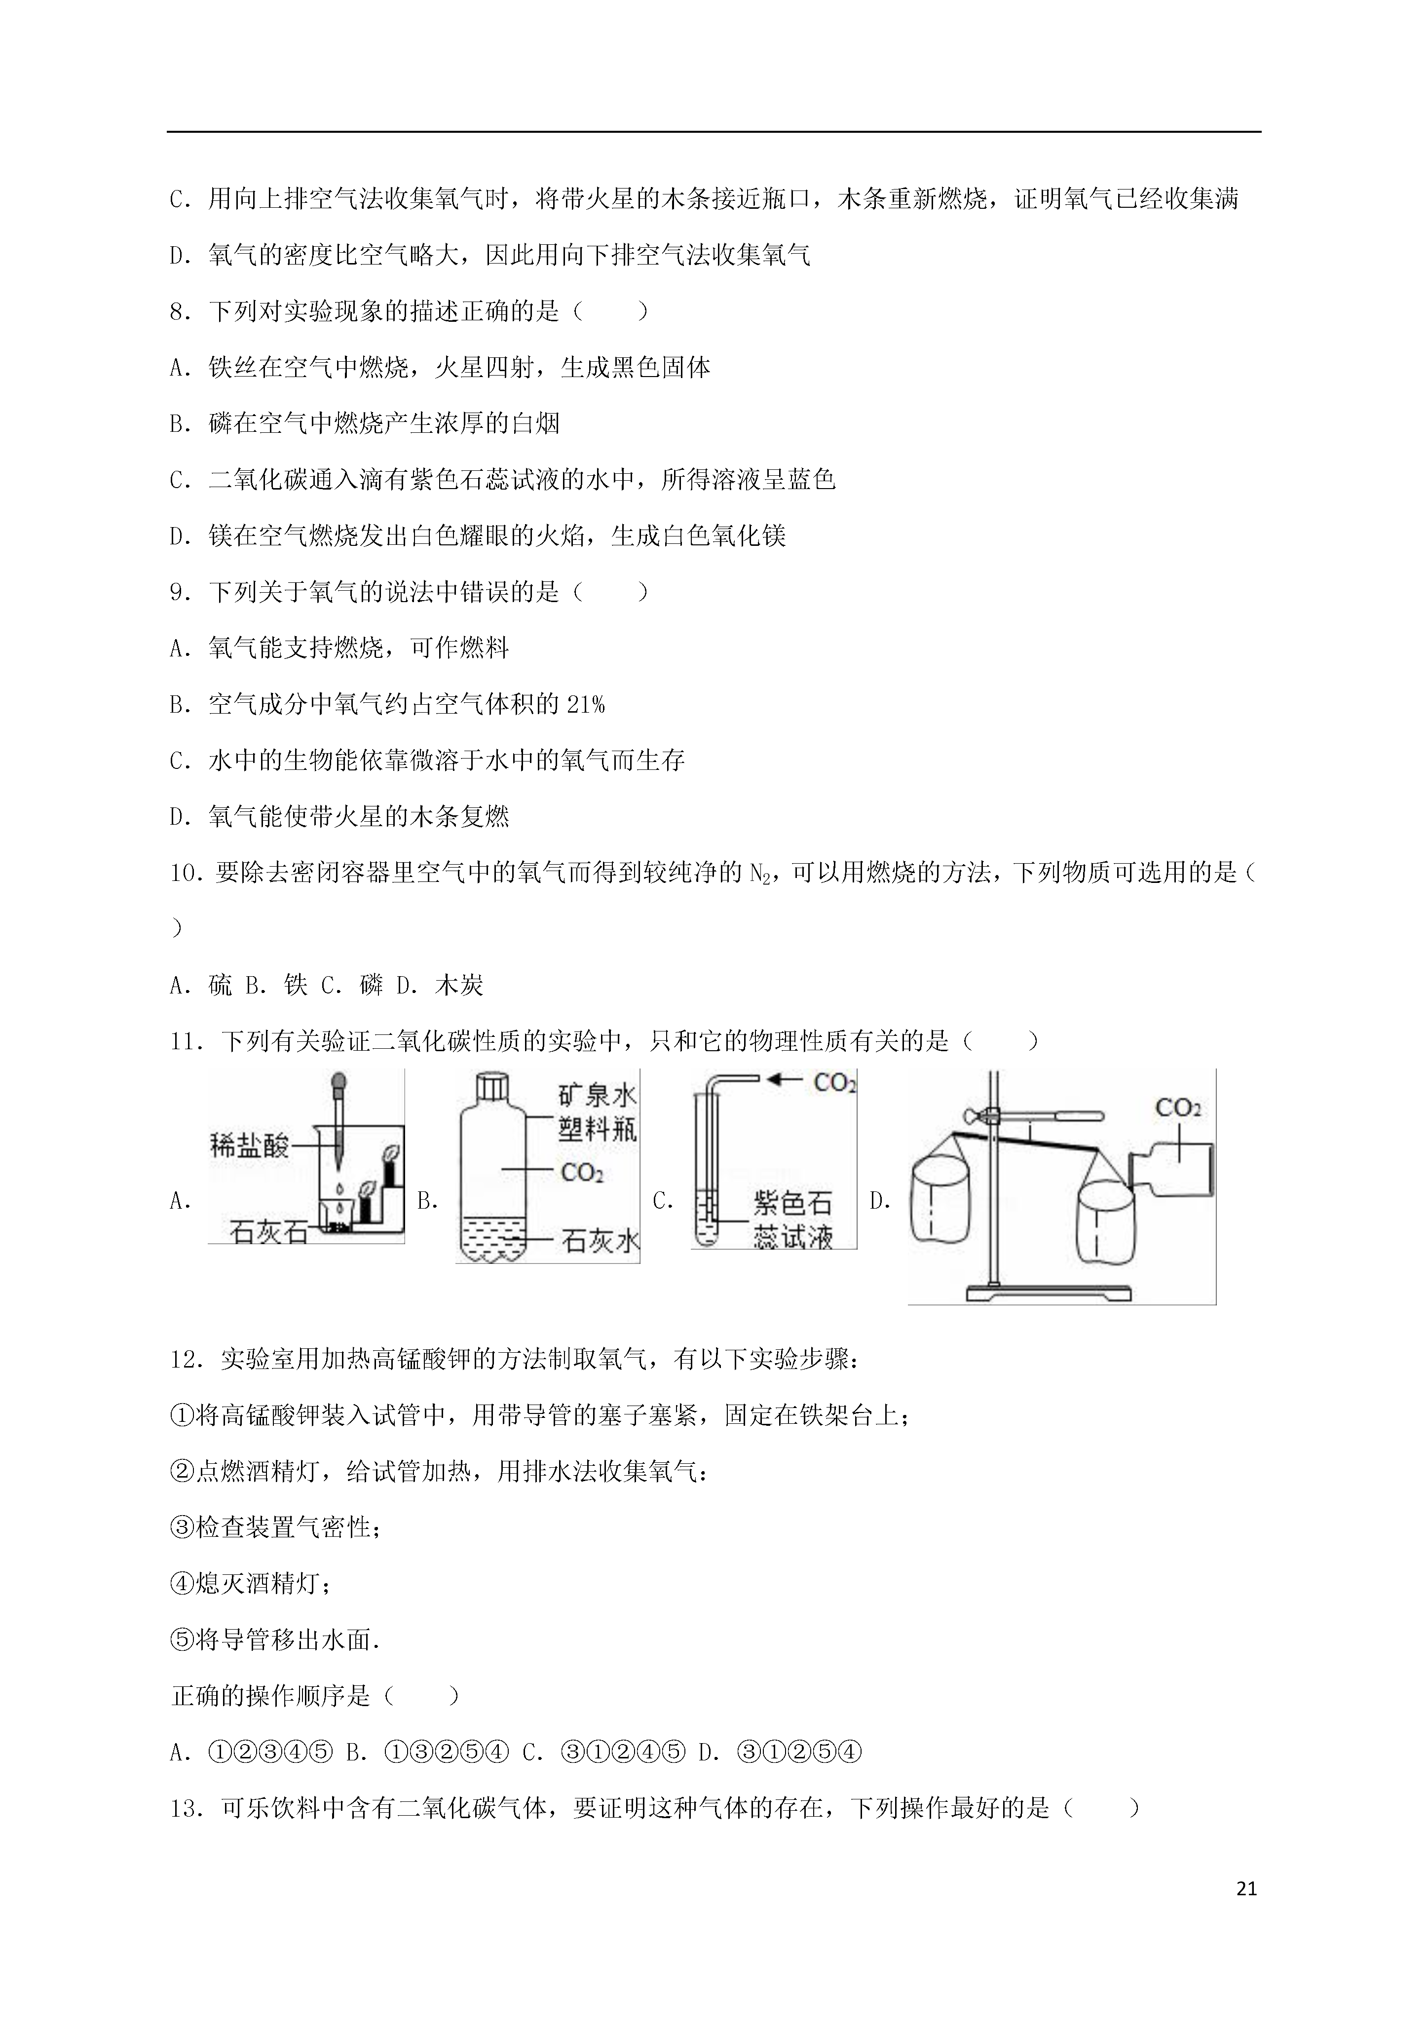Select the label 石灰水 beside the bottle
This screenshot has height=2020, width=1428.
[600, 1241]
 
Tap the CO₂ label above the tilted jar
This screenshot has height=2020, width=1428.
[1178, 1107]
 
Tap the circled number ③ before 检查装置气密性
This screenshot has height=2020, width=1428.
[181, 1528]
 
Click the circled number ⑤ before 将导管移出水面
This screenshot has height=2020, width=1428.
[181, 1641]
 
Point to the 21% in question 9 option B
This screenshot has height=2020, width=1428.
[586, 705]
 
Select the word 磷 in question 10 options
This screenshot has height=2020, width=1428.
[371, 986]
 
